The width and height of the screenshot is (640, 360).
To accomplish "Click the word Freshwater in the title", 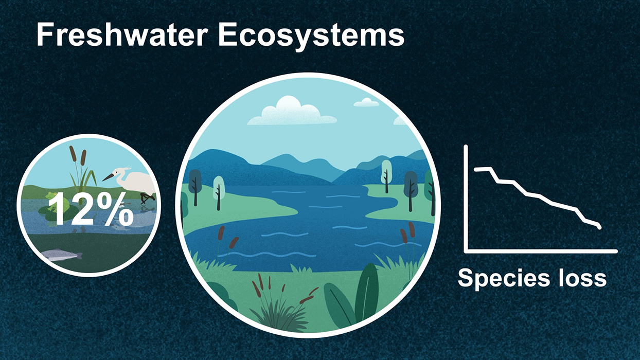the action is coord(122,34).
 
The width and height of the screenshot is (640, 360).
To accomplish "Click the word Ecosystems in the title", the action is coord(311,37).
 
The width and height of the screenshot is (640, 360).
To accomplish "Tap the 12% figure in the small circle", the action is coord(91,209).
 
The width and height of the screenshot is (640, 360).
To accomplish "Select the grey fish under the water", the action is coord(62,255).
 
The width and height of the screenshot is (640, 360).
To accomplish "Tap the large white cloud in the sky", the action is coord(291,112).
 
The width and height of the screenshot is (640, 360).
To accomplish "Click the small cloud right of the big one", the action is coord(366,102).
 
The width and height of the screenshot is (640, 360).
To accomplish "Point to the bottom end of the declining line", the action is coord(599,227).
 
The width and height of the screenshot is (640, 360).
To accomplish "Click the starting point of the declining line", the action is coord(476,169).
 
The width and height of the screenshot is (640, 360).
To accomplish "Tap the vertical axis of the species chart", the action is coord(466,199).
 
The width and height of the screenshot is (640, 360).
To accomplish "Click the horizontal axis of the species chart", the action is coord(541,251).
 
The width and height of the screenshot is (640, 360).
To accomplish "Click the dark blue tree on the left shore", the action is coord(195,186).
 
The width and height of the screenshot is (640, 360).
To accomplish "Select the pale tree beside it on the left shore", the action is coord(219,191).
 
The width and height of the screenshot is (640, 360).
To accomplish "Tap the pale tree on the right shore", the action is coord(386,175).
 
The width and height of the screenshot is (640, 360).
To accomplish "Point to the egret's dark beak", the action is coord(108,177).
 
